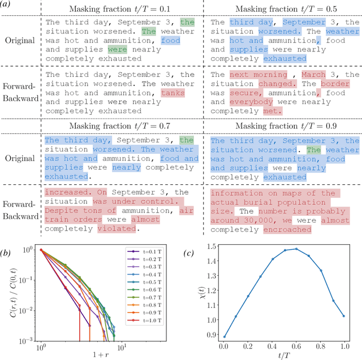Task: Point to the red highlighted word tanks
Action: (x=173, y=93)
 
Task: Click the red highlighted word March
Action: (x=313, y=75)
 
